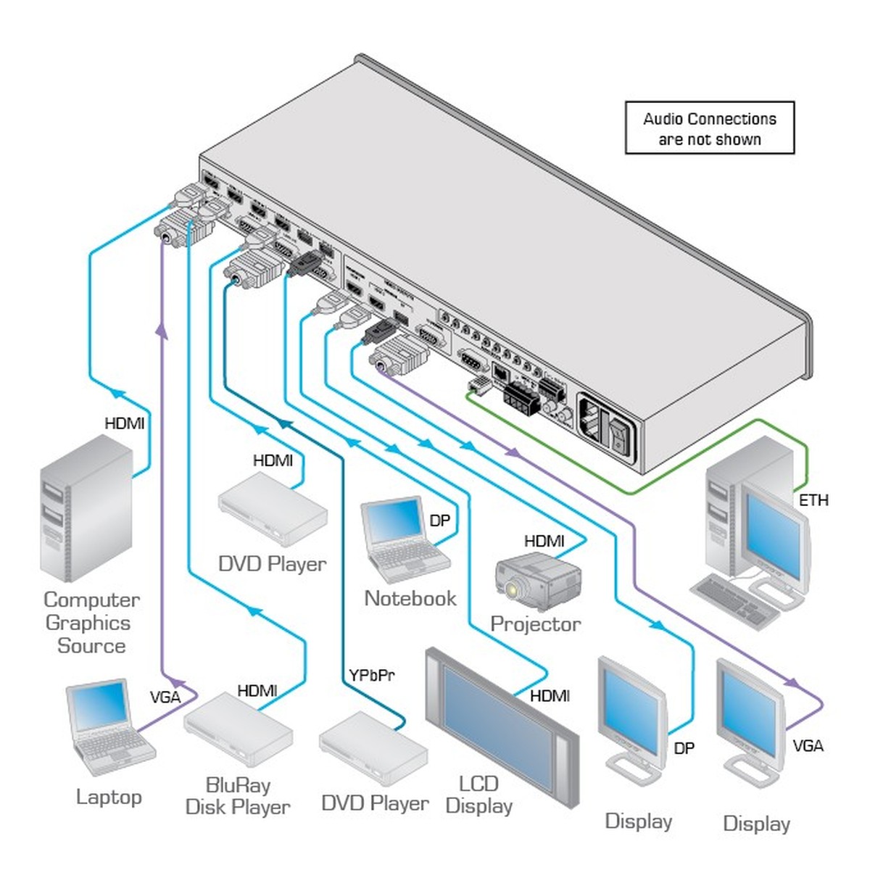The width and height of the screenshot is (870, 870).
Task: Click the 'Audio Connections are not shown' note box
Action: tap(710, 128)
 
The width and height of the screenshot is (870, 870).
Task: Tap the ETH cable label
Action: tap(813, 500)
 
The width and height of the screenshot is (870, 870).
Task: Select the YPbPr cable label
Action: tap(371, 676)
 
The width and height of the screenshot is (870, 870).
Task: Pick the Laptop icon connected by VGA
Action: tap(107, 727)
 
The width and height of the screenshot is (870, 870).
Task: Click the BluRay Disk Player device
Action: tap(237, 732)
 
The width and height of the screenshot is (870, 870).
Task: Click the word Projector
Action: tap(536, 624)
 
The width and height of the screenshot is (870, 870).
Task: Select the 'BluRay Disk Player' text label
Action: tap(238, 796)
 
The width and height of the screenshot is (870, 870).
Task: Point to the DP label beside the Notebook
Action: tap(439, 521)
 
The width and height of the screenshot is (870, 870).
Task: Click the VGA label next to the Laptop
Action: tap(165, 697)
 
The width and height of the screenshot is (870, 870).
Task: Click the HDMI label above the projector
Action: tap(544, 541)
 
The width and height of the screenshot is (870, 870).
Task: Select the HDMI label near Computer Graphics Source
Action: tap(125, 423)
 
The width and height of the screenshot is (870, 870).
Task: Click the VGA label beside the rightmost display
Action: tap(808, 745)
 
